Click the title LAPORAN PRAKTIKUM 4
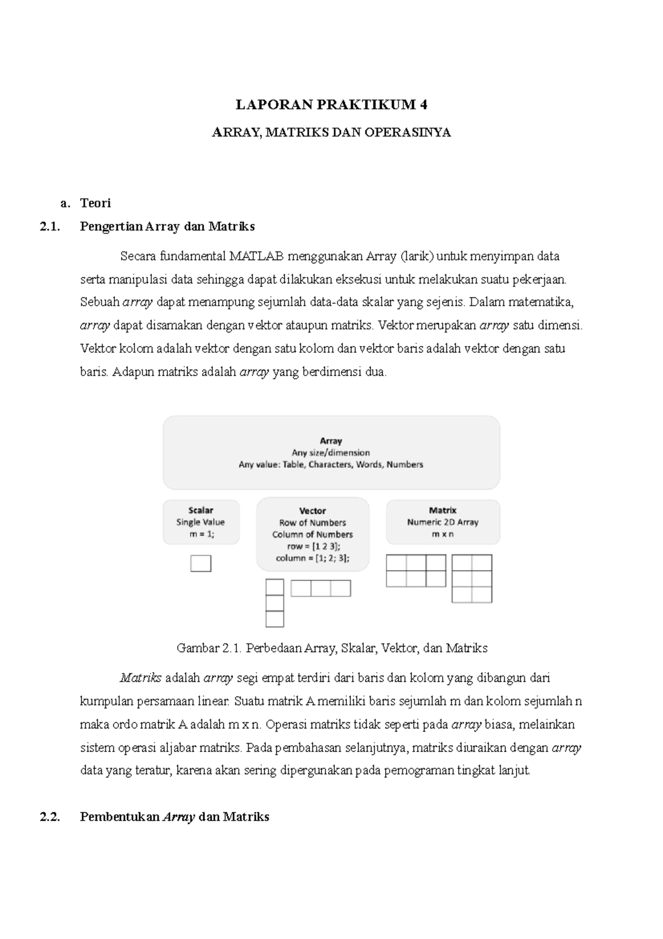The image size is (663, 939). pyautogui.click(x=331, y=105)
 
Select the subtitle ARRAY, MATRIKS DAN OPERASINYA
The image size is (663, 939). pyautogui.click(x=331, y=133)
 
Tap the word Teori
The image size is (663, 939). pyautogui.click(x=96, y=203)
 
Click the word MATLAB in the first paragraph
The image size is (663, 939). pyautogui.click(x=257, y=256)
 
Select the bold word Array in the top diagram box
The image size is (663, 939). pyautogui.click(x=331, y=441)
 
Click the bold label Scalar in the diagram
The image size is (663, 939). pyautogui.click(x=201, y=510)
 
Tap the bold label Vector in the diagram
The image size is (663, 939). pyautogui.click(x=313, y=510)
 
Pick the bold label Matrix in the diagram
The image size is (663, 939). pyautogui.click(x=443, y=510)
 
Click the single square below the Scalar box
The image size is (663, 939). pyautogui.click(x=201, y=563)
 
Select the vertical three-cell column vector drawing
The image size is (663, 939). pyautogui.click(x=275, y=603)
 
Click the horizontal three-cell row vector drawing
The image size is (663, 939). pyautogui.click(x=320, y=588)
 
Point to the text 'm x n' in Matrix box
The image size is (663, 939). pyautogui.click(x=443, y=534)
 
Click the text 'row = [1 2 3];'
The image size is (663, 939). pyautogui.click(x=313, y=546)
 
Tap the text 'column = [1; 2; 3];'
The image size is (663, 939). pyautogui.click(x=313, y=558)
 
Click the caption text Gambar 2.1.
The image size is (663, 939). pyautogui.click(x=209, y=648)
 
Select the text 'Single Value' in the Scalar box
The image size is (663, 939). pyautogui.click(x=201, y=522)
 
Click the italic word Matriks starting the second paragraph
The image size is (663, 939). pyautogui.click(x=140, y=678)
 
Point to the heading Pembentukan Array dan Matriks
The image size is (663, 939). pyautogui.click(x=175, y=817)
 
